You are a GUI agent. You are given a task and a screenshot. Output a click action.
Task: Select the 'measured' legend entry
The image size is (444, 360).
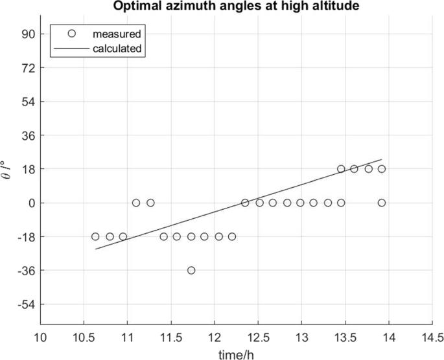click(117, 33)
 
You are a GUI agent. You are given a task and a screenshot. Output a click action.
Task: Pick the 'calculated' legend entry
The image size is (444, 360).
click(117, 48)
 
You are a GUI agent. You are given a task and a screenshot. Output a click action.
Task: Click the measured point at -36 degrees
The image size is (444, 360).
click(191, 270)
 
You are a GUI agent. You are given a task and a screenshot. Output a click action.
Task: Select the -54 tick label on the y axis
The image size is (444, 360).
click(27, 304)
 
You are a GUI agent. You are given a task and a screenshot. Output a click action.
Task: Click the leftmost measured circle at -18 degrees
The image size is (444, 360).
click(95, 236)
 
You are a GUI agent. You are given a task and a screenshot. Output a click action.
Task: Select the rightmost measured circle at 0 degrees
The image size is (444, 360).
click(382, 203)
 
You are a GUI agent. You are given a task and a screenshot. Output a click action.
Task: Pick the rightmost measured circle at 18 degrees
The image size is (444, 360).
click(382, 169)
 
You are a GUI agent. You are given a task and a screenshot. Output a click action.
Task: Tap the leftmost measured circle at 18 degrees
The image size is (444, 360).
click(341, 169)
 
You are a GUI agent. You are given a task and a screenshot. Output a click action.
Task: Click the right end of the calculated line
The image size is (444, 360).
click(382, 159)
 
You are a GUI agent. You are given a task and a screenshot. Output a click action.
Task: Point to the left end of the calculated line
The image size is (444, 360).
click(95, 249)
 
